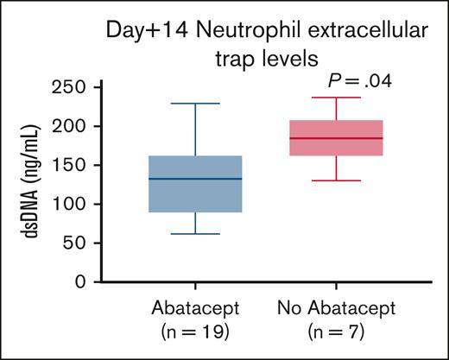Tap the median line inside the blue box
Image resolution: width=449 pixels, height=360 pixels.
pyautogui.click(x=195, y=179)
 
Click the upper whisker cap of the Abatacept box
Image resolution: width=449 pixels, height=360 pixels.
pyautogui.click(x=195, y=104)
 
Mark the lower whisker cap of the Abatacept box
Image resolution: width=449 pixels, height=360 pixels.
pyautogui.click(x=195, y=234)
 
